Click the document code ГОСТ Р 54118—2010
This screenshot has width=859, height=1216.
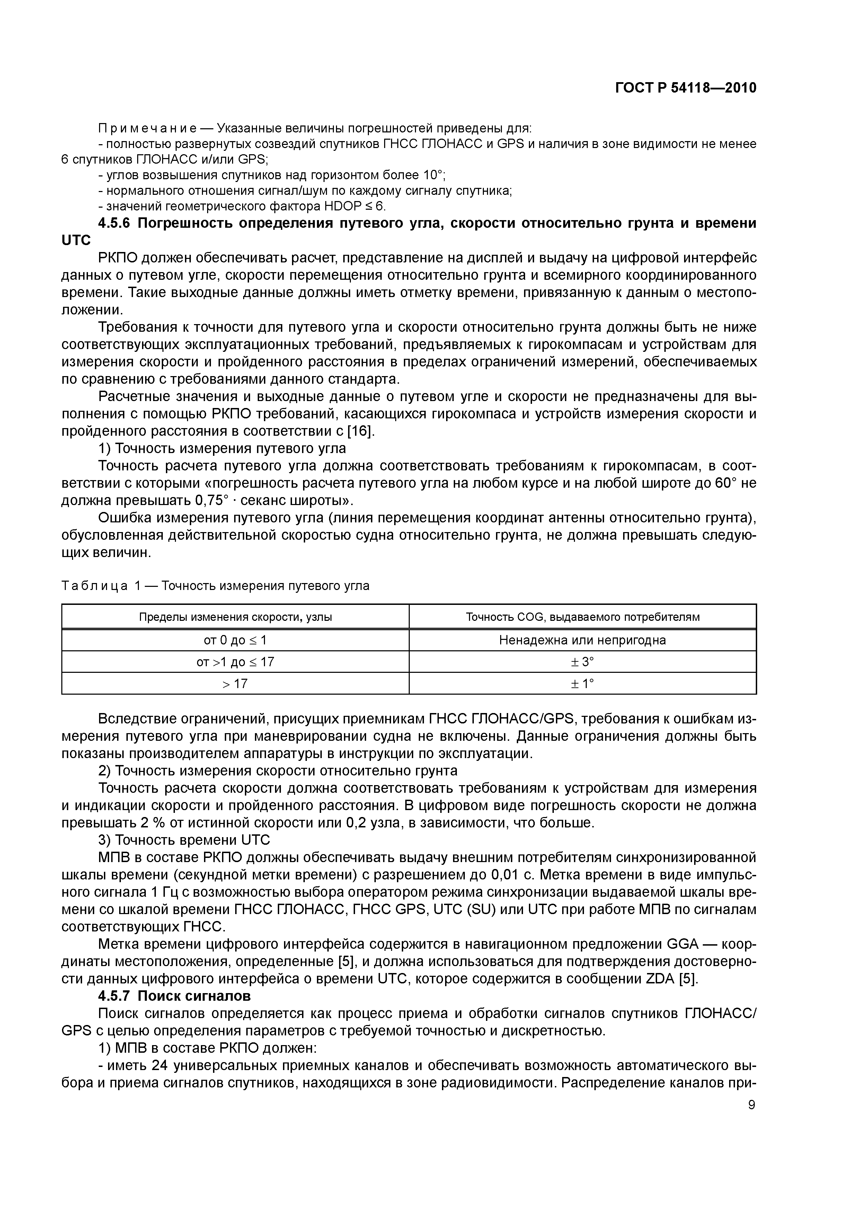point(685,88)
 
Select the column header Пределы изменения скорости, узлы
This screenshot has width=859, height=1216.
point(236,617)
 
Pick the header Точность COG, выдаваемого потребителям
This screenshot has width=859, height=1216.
point(582,617)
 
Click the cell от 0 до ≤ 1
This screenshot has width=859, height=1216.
point(236,640)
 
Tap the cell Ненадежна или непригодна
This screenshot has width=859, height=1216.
point(582,640)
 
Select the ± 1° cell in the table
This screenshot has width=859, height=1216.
point(582,684)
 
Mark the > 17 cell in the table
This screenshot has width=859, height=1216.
point(236,684)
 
